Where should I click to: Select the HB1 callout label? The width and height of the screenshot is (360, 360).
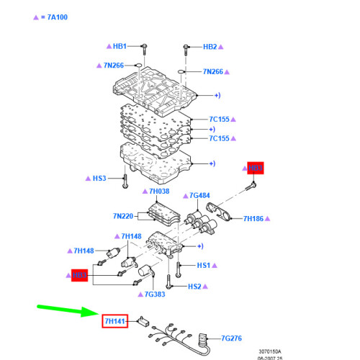[120, 46]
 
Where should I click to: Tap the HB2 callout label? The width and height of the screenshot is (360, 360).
[210, 46]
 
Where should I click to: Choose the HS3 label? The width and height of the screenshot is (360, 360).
[99, 178]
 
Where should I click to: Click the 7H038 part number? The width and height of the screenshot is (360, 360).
[158, 192]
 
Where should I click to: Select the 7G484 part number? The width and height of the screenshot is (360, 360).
[199, 195]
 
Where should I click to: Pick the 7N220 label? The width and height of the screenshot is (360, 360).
[124, 215]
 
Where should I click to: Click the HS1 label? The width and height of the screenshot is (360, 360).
[204, 266]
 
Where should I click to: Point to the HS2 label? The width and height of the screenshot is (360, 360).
[194, 287]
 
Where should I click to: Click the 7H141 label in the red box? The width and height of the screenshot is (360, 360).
[114, 321]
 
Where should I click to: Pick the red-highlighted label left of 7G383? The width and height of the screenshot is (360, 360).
[79, 275]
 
